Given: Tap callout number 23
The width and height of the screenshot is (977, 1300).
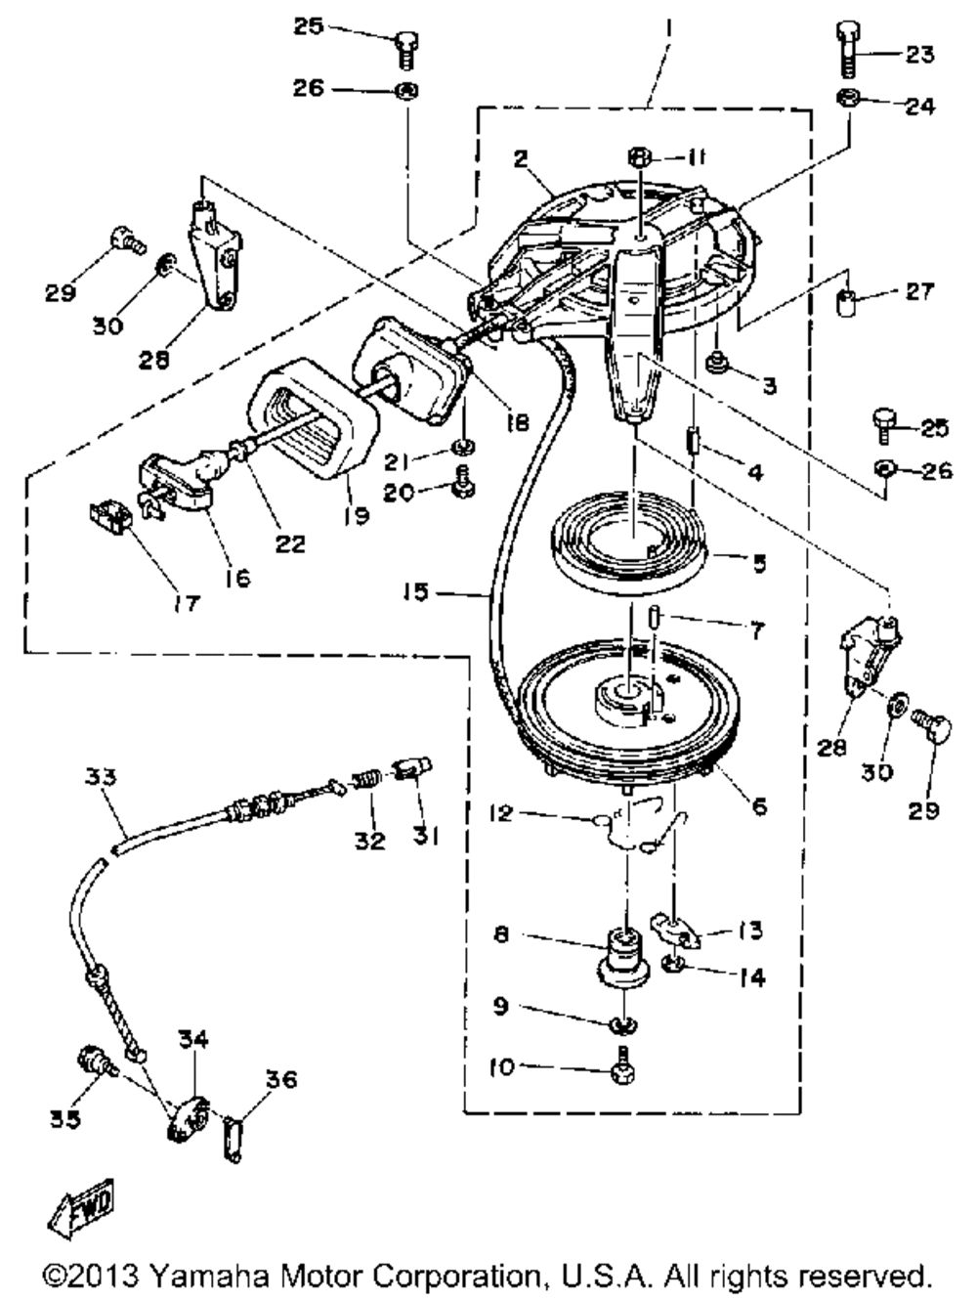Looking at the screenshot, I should pyautogui.click(x=918, y=55).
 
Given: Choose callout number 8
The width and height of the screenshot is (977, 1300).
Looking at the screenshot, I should pyautogui.click(x=502, y=934).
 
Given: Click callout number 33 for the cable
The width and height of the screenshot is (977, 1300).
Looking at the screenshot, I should pyautogui.click(x=100, y=778).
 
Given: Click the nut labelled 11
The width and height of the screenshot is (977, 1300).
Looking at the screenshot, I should pyautogui.click(x=640, y=156).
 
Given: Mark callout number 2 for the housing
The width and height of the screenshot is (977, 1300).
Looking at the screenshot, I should pyautogui.click(x=520, y=159).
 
